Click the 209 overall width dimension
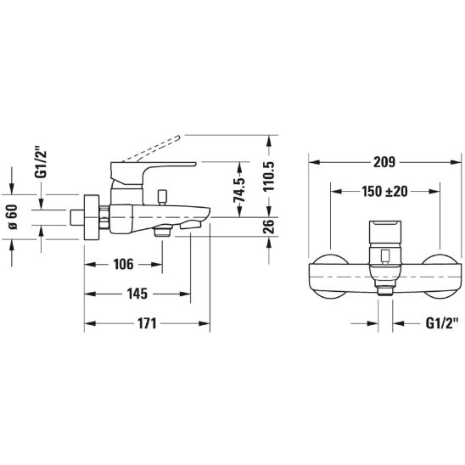click(384, 162)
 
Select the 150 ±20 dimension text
click(384, 192)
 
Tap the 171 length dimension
click(147, 323)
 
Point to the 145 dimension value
click(137, 294)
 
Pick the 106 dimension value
click(123, 264)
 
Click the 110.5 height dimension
click(269, 176)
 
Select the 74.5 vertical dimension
click(239, 190)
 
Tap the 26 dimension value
click(269, 227)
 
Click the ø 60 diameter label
click(13, 217)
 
